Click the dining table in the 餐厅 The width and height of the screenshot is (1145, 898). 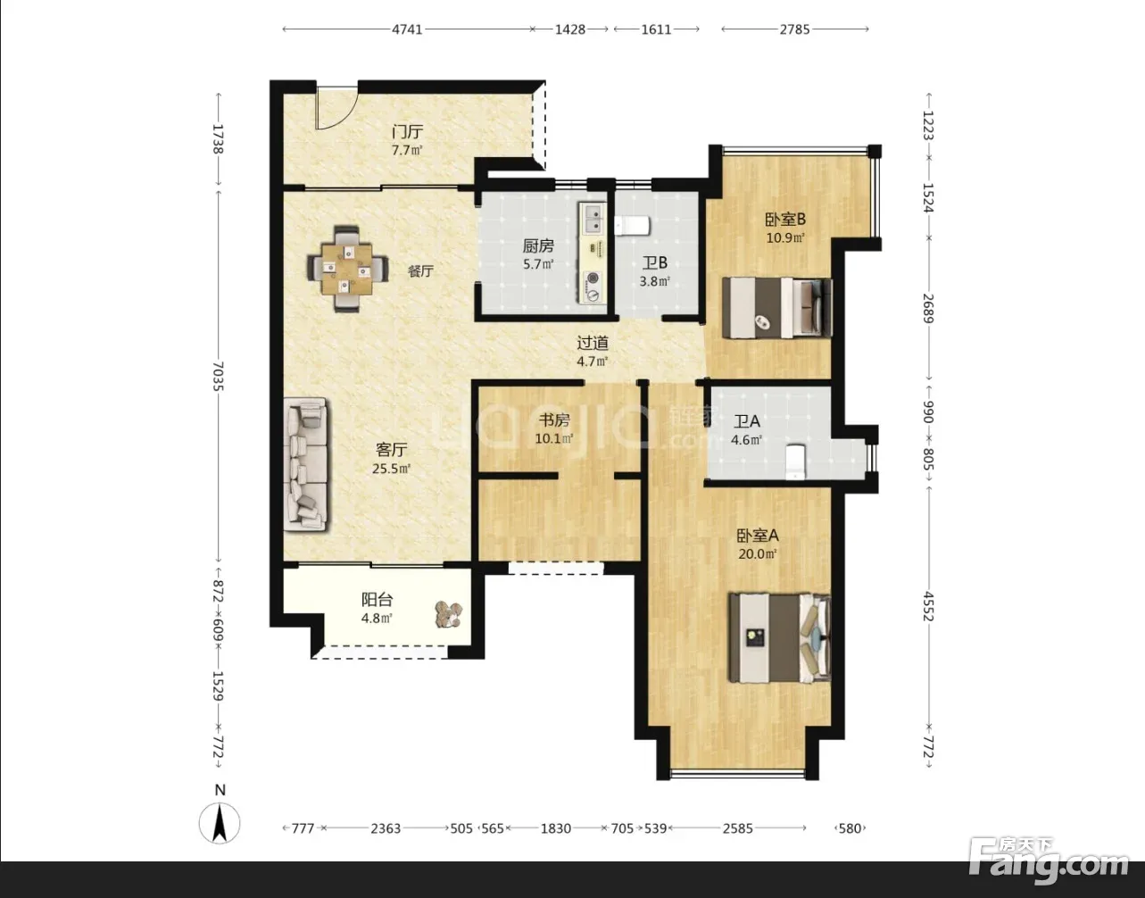(x=348, y=269)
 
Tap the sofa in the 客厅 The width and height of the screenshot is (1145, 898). (x=307, y=464)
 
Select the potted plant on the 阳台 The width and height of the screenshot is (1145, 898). (x=448, y=614)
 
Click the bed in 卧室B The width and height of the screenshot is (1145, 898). (x=777, y=308)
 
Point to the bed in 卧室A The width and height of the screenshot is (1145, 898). (x=780, y=638)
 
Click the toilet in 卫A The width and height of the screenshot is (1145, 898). (x=796, y=461)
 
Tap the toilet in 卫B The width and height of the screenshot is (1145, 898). (x=632, y=226)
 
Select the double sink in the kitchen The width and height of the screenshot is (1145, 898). (x=593, y=220)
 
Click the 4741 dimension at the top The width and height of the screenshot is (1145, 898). (x=407, y=29)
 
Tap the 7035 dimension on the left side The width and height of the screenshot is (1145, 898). (x=219, y=376)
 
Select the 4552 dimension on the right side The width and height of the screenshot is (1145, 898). (x=929, y=607)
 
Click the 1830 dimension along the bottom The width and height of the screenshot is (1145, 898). (x=556, y=828)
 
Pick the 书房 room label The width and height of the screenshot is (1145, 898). (x=554, y=420)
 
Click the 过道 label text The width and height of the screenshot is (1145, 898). (x=593, y=343)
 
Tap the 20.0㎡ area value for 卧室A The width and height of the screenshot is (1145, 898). (x=758, y=553)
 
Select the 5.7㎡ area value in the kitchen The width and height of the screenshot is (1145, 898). (x=538, y=264)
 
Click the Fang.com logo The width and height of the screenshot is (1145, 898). (x=1049, y=864)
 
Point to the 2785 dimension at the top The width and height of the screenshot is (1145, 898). (x=794, y=29)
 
